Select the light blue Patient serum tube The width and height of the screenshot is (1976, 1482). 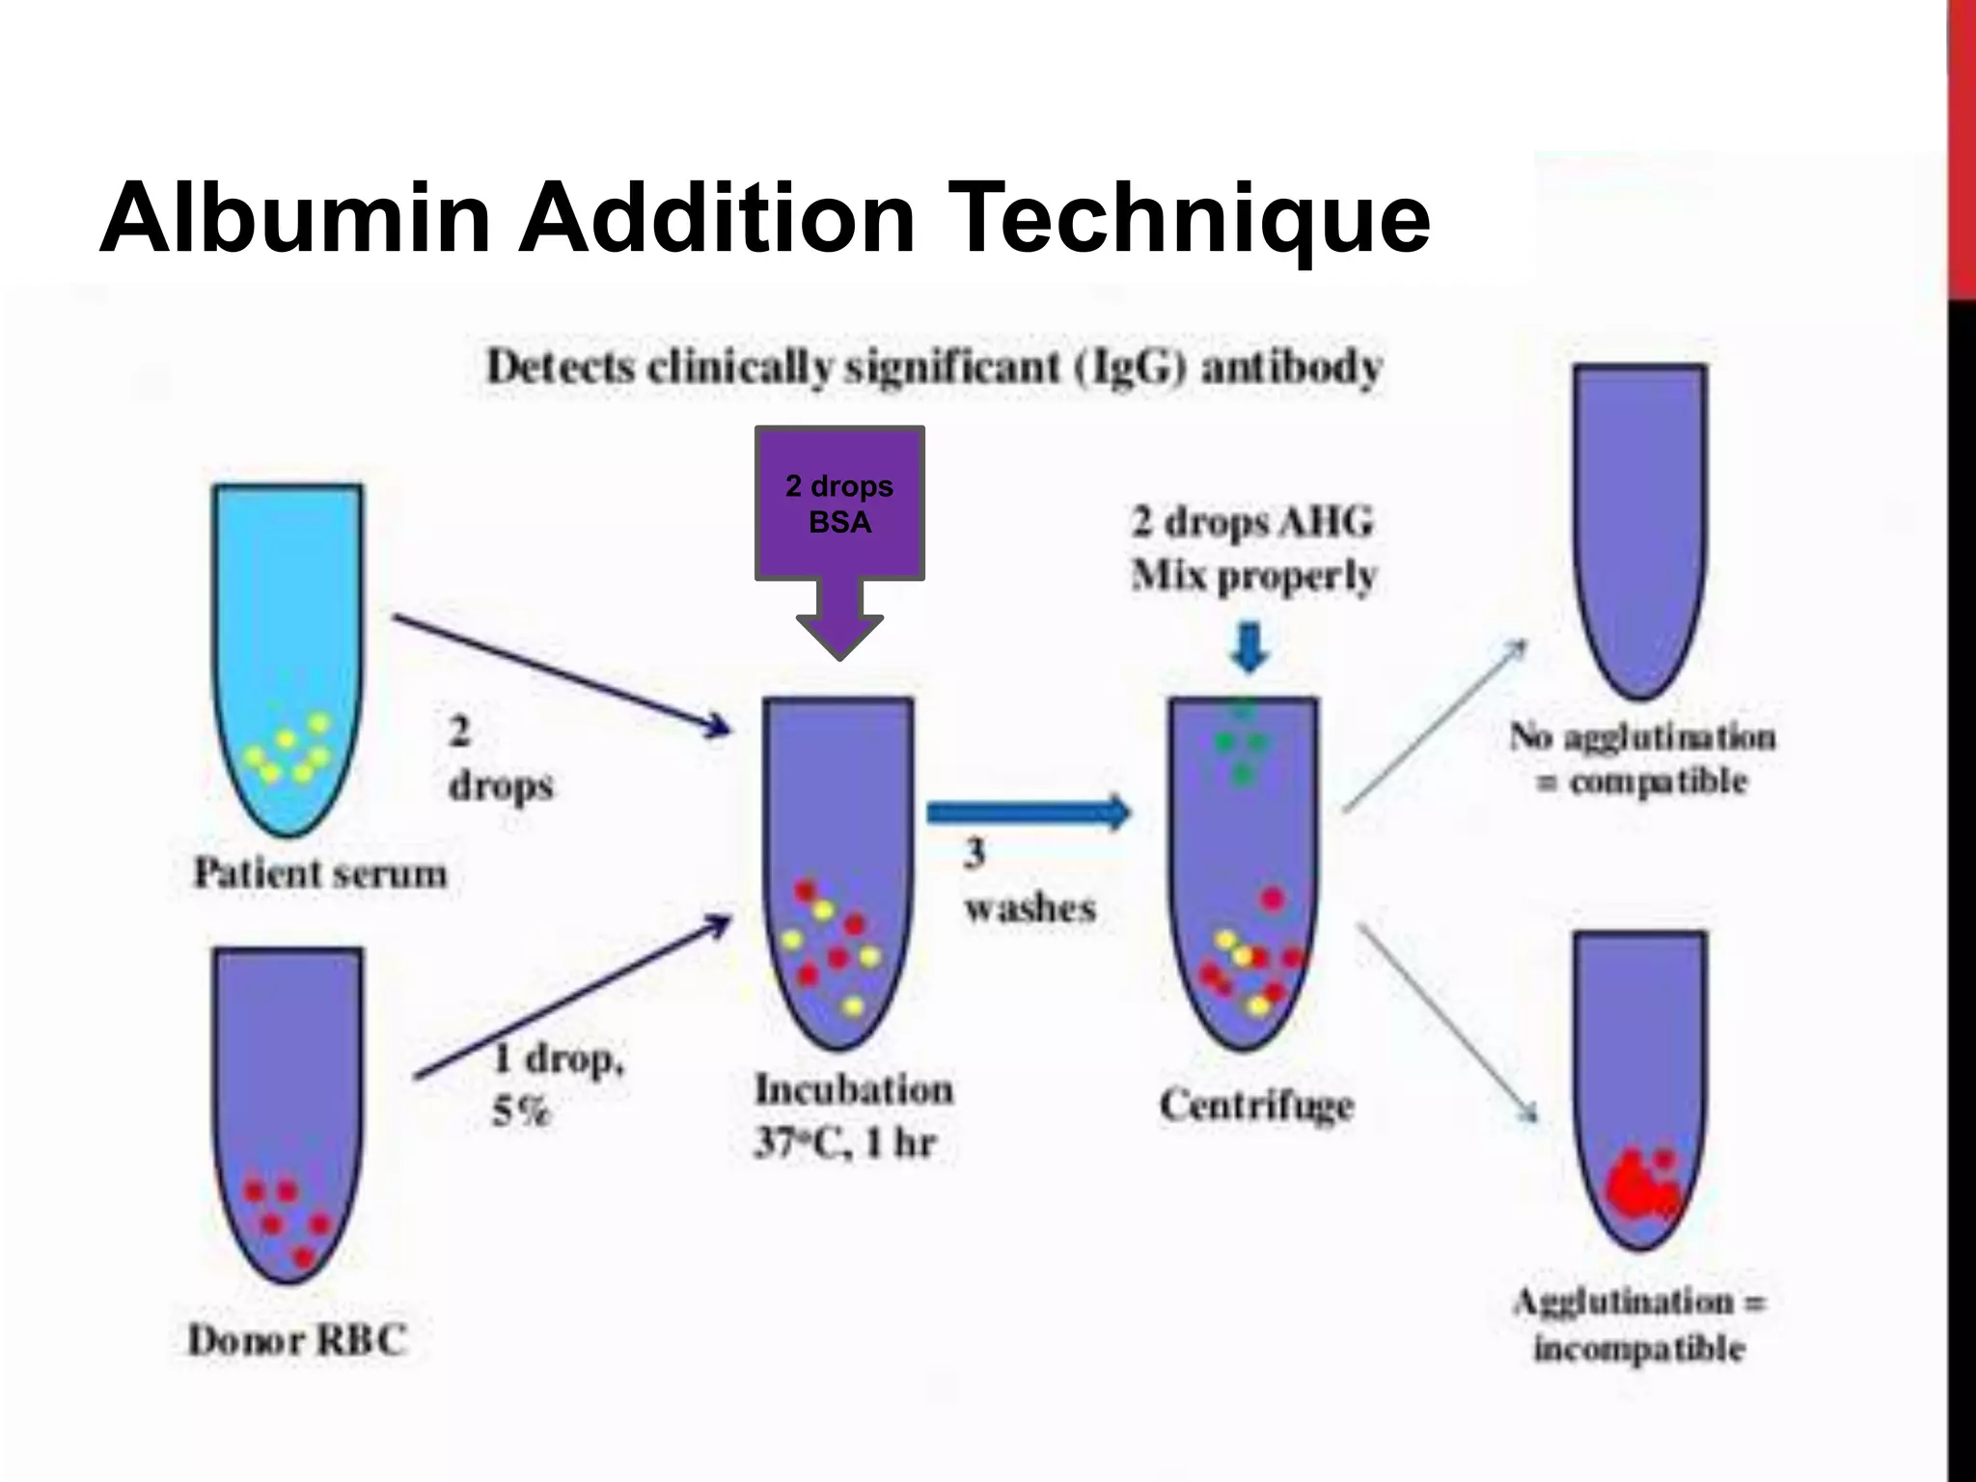point(288,656)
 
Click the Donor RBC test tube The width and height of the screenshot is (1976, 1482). point(288,1110)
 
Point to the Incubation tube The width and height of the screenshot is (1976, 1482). point(837,868)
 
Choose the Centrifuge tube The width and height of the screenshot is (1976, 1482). point(1243,868)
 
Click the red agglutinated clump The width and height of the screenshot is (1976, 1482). point(1641,1187)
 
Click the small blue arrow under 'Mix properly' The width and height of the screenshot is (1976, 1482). point(1250,647)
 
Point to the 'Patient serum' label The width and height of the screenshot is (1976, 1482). point(320,874)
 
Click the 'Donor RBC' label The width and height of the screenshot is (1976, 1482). point(297,1340)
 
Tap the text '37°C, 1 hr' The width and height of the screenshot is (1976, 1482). point(845,1144)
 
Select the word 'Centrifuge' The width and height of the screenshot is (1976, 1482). point(1256,1106)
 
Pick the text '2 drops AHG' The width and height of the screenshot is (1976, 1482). point(1252,523)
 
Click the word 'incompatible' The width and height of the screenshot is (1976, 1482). point(1639,1348)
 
